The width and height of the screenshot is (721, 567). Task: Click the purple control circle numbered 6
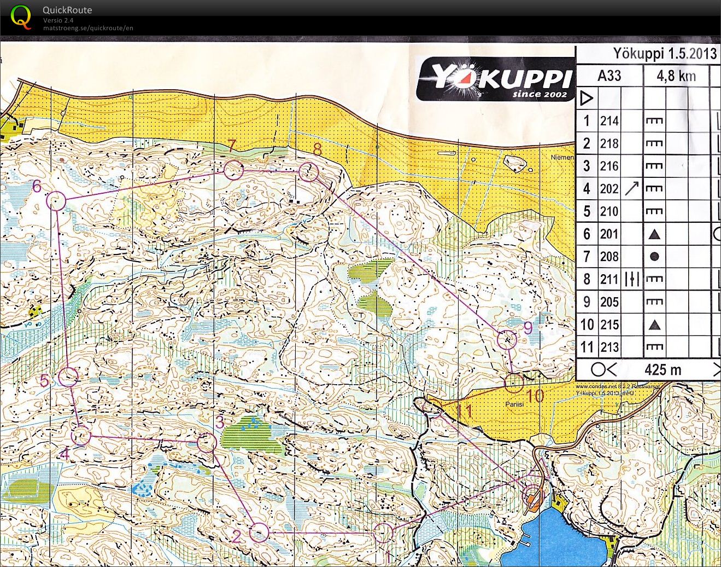click(x=56, y=201)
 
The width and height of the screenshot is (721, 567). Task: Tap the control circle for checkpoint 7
click(x=233, y=170)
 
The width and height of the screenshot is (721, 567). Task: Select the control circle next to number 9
click(x=507, y=340)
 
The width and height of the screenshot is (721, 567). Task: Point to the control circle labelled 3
click(x=206, y=443)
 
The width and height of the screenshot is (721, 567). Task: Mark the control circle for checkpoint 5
click(x=68, y=377)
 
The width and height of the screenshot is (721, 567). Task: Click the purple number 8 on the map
click(x=317, y=149)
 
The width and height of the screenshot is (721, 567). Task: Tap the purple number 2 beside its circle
click(x=237, y=536)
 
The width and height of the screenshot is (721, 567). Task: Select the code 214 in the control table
click(x=609, y=120)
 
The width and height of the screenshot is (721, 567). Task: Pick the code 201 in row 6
click(x=609, y=234)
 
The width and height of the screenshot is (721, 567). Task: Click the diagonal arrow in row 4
click(x=631, y=189)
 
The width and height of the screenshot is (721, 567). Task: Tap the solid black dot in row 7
click(x=654, y=257)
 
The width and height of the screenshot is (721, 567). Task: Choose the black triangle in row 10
click(x=654, y=325)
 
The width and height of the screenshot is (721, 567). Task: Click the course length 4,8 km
click(x=676, y=76)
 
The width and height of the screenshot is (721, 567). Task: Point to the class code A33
click(x=609, y=76)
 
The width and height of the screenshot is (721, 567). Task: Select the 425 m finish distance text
click(x=663, y=370)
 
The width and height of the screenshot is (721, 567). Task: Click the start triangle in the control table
click(x=587, y=99)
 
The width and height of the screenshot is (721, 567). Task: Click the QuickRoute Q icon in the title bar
click(x=21, y=17)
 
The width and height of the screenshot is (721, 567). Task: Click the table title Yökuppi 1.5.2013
click(x=664, y=54)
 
